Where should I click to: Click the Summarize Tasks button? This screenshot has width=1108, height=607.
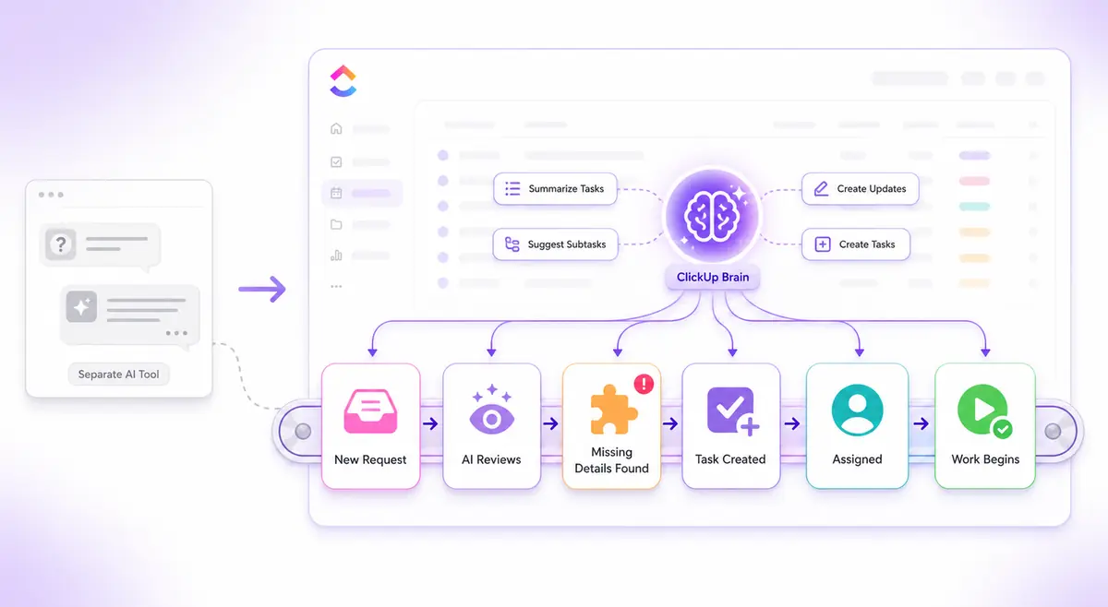pos(555,189)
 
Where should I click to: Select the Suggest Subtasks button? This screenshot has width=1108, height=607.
pos(555,244)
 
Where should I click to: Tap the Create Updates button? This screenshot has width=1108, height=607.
pos(861,189)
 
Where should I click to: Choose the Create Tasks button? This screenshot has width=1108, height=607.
pos(856,244)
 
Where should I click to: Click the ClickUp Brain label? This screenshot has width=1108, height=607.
pos(712,278)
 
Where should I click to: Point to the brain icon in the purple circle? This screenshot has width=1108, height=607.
pos(712,217)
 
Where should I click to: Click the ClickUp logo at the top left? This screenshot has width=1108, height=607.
pos(343,81)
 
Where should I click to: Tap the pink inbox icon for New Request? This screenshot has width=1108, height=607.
pos(370,411)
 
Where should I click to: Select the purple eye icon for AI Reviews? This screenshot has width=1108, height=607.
pos(491,411)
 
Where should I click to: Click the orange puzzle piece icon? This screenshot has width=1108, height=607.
pos(613,411)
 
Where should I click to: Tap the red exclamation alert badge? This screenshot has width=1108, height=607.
pos(644,384)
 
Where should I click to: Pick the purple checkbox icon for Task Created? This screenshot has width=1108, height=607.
pos(733,411)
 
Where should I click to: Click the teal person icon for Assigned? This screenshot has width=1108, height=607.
pos(857,411)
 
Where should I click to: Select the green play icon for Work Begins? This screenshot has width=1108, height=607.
pos(984,411)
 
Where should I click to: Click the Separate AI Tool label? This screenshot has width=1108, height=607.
pos(119,375)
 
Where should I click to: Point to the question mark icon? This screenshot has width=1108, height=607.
pos(60,244)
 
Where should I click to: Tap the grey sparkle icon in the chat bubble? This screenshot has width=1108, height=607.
pos(81,306)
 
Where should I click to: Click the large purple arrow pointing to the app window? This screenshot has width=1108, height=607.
pos(262,289)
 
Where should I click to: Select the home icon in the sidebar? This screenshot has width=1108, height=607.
pos(336,128)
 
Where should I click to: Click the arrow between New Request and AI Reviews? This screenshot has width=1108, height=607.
pos(431,423)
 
